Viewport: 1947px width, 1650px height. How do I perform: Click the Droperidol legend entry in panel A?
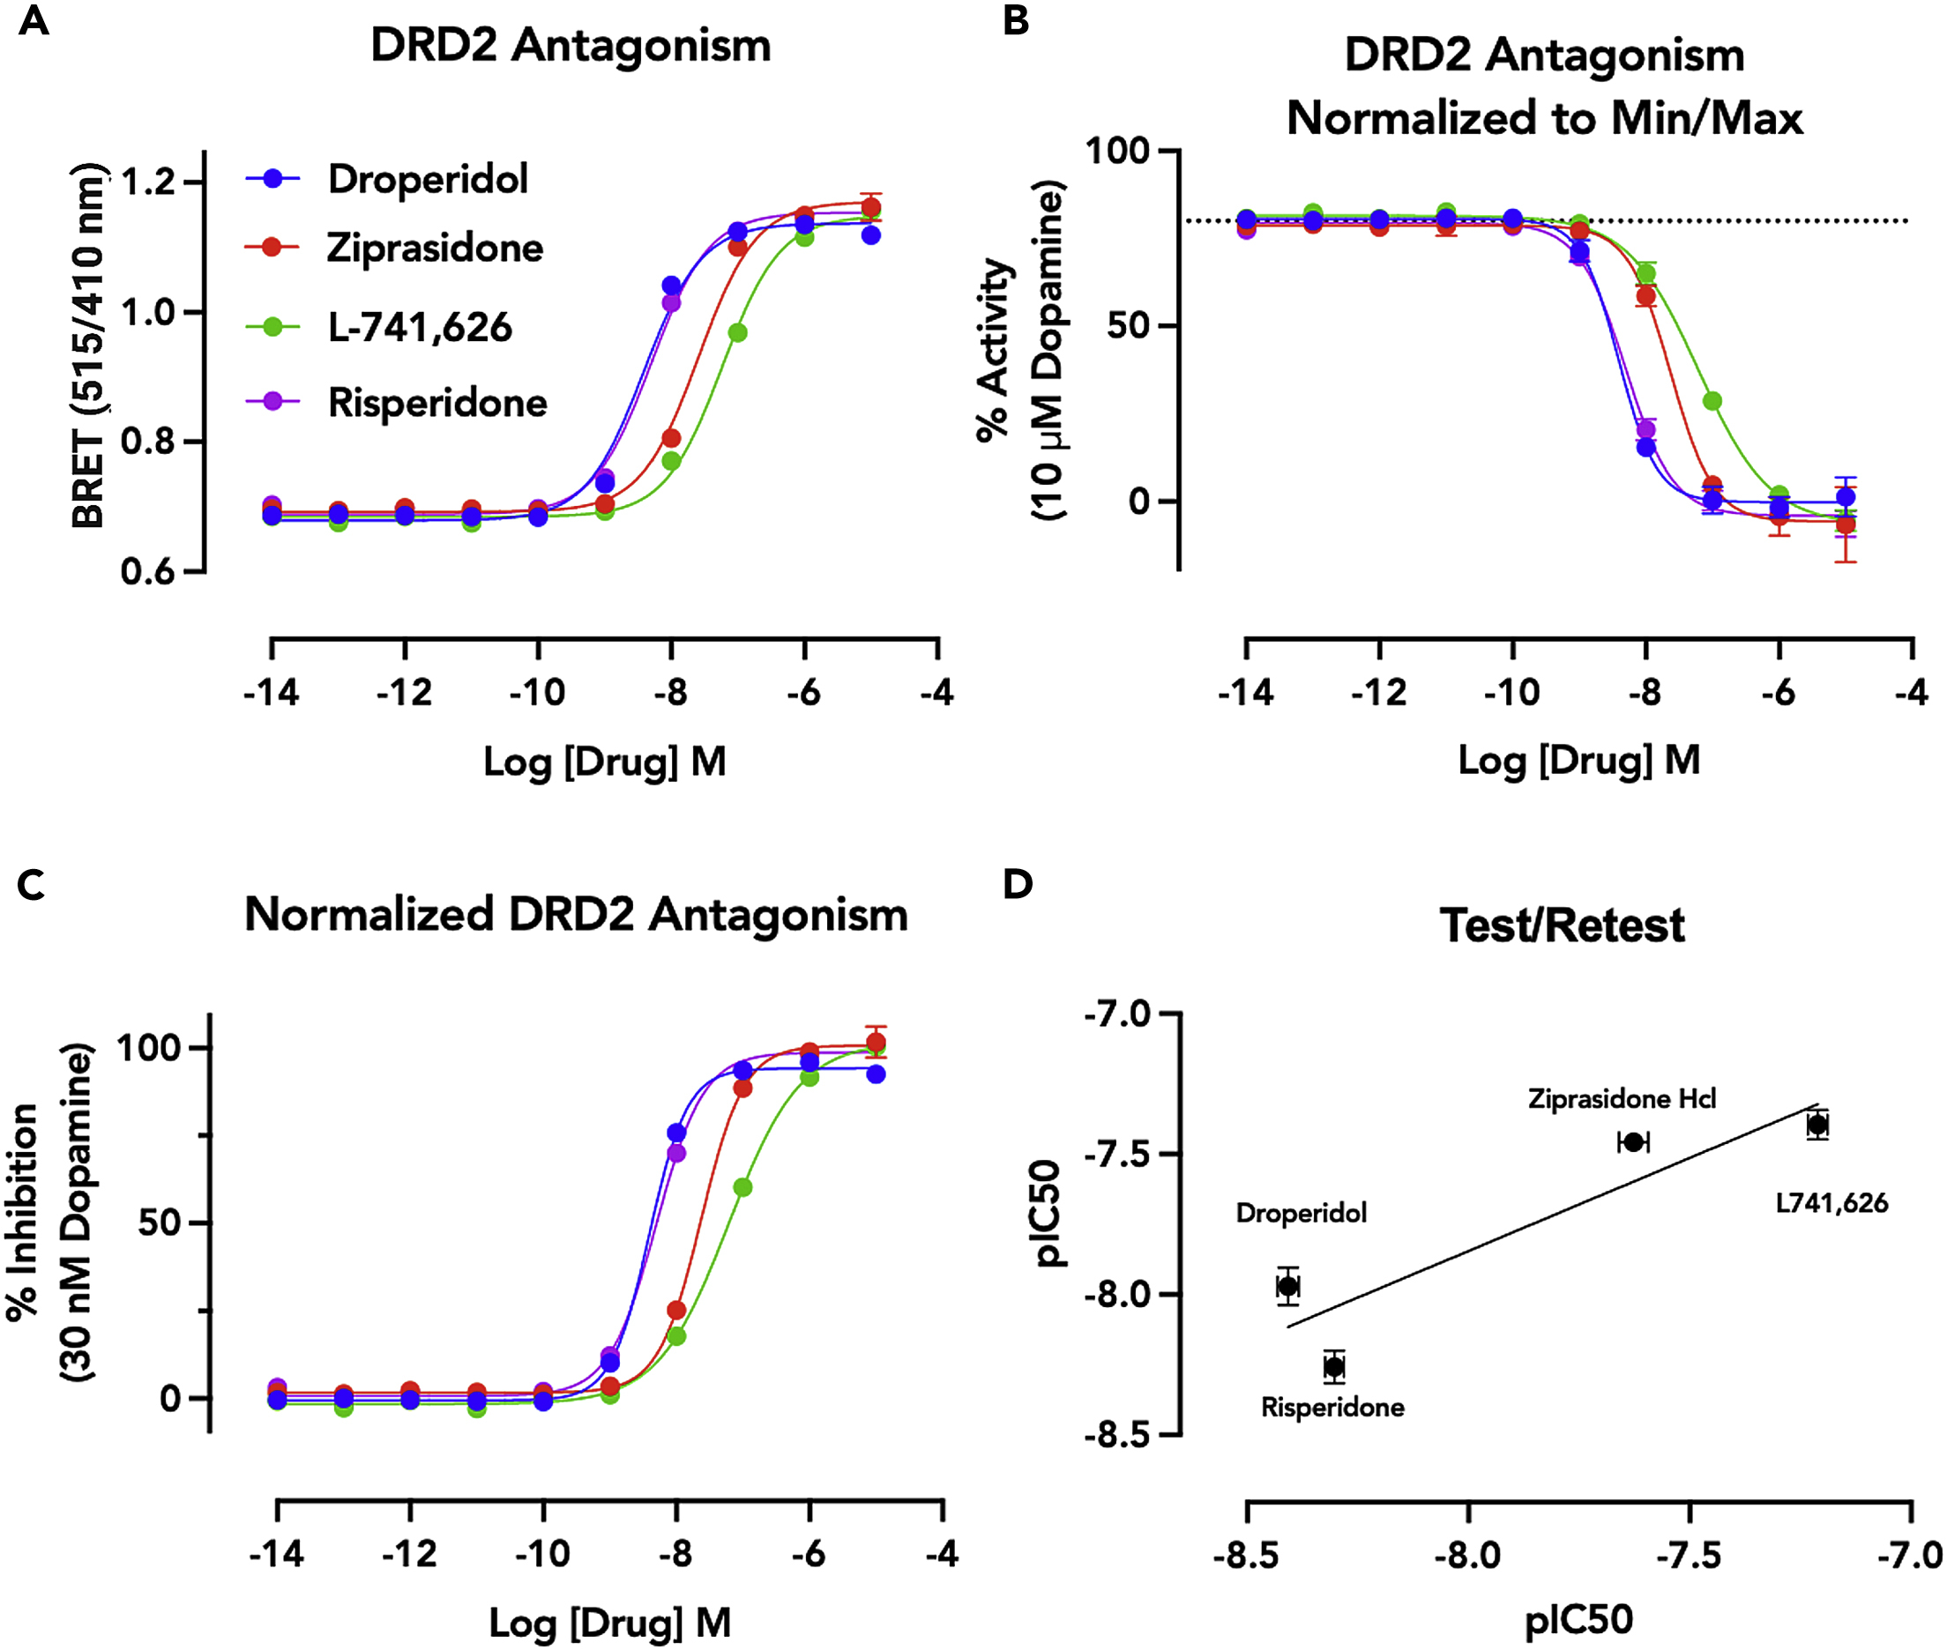[427, 179]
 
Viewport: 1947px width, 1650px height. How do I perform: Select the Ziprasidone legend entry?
[434, 248]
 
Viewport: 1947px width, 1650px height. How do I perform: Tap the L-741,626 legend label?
[419, 327]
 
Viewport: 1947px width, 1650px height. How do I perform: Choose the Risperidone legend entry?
[437, 403]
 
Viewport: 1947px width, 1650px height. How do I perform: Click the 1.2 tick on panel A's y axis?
[149, 182]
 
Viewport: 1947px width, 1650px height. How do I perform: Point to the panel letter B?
[1016, 20]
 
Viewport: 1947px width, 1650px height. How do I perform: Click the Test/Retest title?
[1562, 926]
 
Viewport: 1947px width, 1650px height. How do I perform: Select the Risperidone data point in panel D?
[1334, 1366]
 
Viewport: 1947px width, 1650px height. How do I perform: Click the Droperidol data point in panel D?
[1288, 1286]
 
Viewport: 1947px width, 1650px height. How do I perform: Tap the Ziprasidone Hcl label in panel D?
[1622, 1098]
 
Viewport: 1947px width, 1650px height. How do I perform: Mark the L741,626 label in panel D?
[1831, 1203]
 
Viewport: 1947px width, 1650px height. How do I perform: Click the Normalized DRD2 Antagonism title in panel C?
[576, 914]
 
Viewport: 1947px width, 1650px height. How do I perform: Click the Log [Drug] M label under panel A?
[604, 762]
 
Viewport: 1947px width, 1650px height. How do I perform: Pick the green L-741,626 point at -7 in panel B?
[1712, 401]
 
